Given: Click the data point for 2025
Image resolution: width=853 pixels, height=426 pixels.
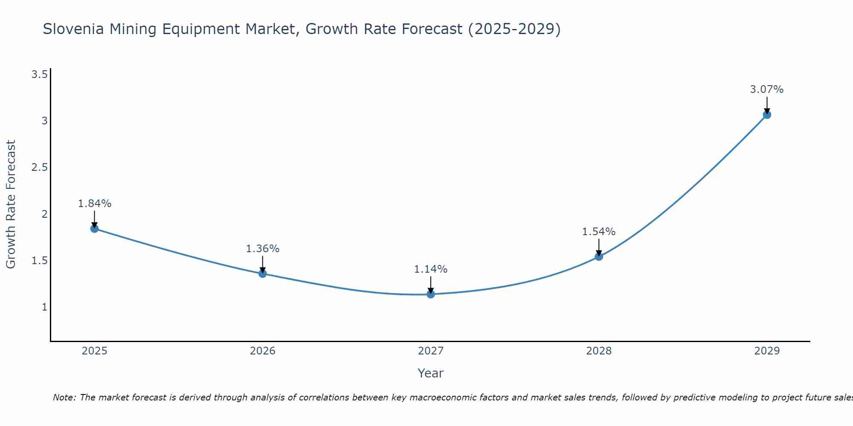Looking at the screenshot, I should (x=94, y=229).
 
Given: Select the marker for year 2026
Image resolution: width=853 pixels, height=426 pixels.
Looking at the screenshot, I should (x=263, y=273).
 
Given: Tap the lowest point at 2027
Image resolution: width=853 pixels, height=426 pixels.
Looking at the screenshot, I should (x=431, y=294).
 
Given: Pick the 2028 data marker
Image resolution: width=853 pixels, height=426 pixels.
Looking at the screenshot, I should (x=599, y=256).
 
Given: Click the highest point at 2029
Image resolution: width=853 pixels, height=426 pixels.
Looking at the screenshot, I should (x=767, y=115).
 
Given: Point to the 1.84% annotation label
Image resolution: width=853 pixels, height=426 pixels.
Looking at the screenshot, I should (x=94, y=204).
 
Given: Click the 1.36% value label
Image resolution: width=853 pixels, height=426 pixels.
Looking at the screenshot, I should (x=263, y=249).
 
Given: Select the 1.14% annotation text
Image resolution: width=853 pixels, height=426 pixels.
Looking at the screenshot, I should (x=431, y=269).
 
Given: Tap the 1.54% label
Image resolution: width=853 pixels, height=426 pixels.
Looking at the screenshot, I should (x=599, y=232).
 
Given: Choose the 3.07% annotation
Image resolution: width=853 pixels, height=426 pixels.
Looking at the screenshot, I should (x=767, y=89).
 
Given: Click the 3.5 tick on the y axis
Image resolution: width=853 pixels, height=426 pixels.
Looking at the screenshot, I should (x=39, y=75).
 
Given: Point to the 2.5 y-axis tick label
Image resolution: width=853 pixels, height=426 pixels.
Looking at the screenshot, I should (x=39, y=167).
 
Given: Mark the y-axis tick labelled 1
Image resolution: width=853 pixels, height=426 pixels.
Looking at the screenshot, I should (x=44, y=307).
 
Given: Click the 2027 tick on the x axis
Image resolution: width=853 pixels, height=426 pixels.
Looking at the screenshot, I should (x=431, y=351).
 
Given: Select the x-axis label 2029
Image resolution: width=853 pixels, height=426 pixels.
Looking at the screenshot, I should (x=767, y=351).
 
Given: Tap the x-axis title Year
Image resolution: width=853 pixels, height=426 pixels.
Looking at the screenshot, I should (x=431, y=373).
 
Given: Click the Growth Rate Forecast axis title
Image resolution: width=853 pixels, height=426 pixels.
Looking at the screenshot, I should (x=11, y=204).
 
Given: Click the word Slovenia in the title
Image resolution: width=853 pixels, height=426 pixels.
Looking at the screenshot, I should (x=73, y=29).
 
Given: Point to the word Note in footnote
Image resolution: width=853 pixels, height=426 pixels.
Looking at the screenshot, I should (x=64, y=397).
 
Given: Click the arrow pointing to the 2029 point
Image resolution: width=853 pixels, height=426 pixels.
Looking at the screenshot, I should (x=767, y=105).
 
